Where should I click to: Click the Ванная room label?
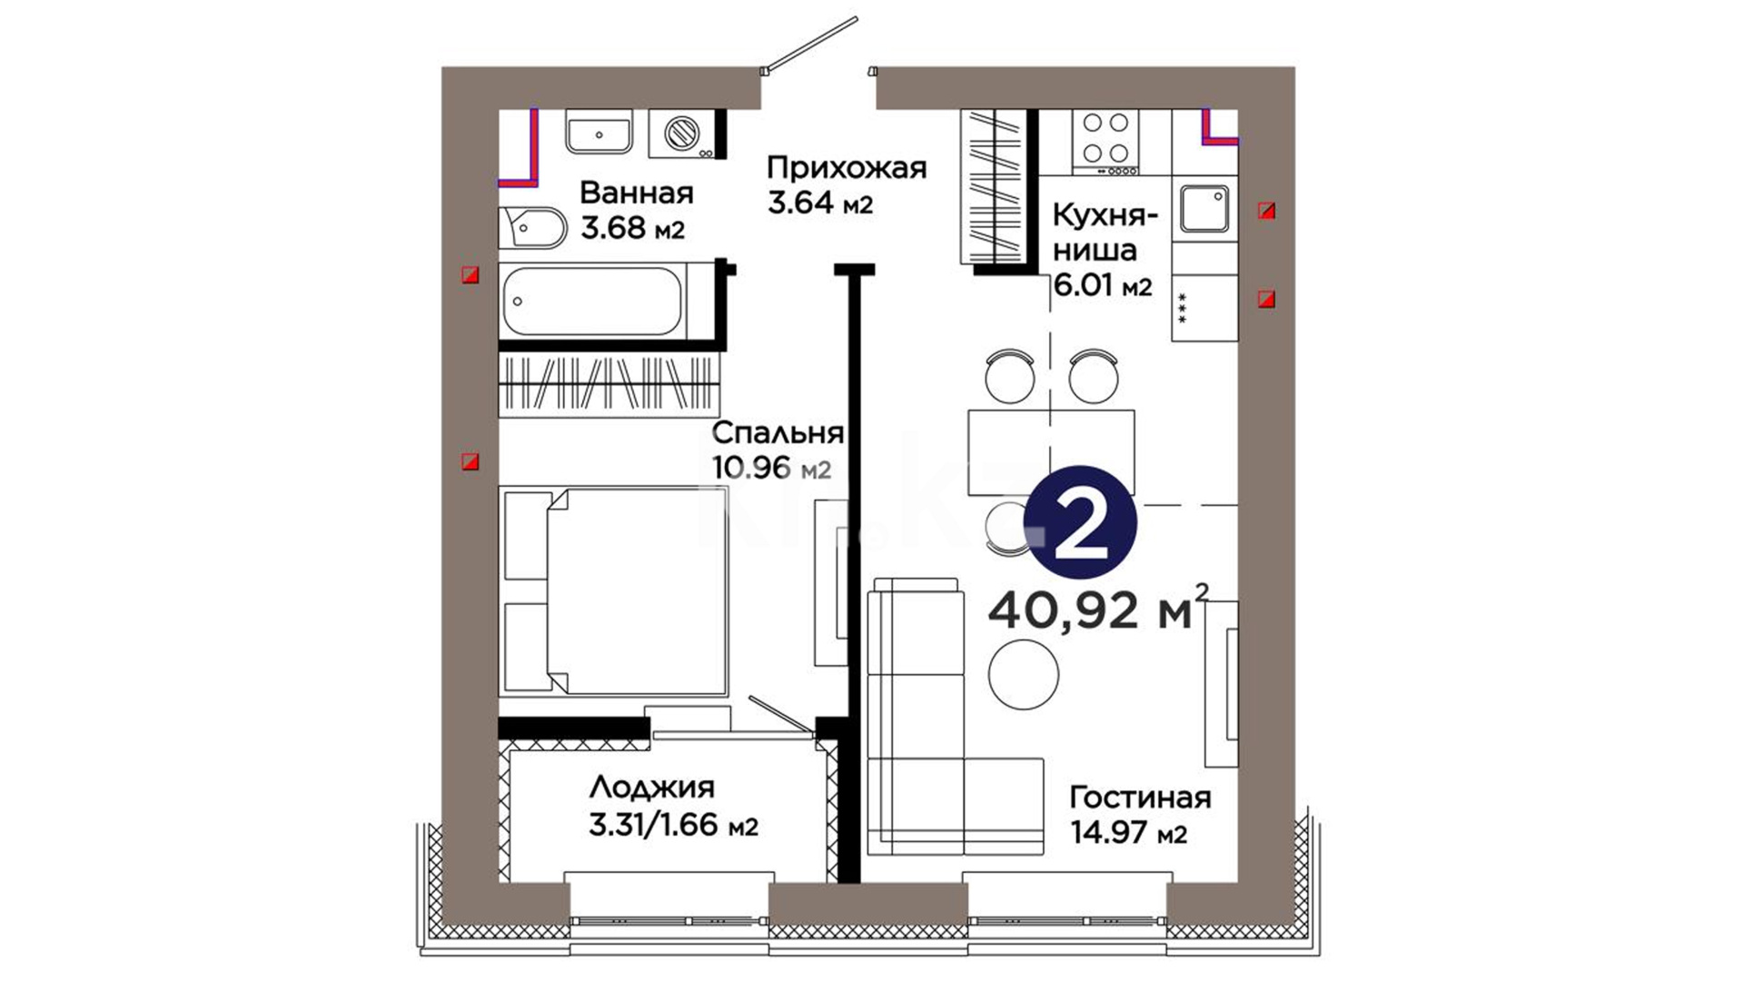[x=636, y=193]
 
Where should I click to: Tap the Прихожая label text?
[x=847, y=168]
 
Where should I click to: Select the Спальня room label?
[x=778, y=432]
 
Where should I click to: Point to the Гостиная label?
[x=1140, y=797]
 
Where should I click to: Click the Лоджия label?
[x=651, y=787]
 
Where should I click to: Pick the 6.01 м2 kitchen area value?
[x=1102, y=286]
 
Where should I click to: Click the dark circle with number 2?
[x=1081, y=521]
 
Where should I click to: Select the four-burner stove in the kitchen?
[x=1105, y=143]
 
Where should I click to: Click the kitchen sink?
[x=1204, y=209]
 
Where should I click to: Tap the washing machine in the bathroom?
[x=683, y=134]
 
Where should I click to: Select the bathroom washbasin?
[x=599, y=132]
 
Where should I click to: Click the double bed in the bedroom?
[x=614, y=591]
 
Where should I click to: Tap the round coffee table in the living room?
[x=1024, y=674]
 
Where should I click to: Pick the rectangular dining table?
[x=1051, y=451]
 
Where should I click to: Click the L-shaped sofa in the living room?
[x=953, y=717]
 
